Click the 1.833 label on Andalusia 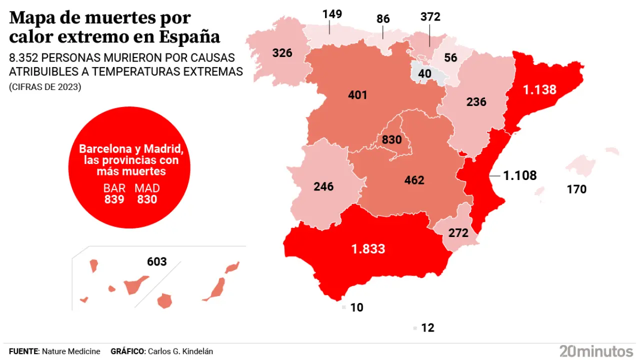click(368, 248)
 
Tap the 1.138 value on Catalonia click(539, 90)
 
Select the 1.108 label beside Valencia click(519, 175)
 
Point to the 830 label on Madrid click(391, 140)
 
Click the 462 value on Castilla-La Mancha click(414, 180)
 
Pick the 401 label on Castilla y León click(357, 94)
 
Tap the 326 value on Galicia click(282, 52)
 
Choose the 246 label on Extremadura click(323, 187)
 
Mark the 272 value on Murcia click(458, 232)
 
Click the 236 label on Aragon click(476, 101)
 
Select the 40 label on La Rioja click(425, 74)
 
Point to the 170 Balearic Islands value click(576, 189)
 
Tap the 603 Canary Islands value click(156, 261)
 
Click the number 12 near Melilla click(427, 328)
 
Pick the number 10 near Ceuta click(356, 307)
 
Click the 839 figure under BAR click(114, 199)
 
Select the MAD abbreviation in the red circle click(147, 188)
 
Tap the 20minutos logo click(596, 350)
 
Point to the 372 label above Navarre click(430, 17)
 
